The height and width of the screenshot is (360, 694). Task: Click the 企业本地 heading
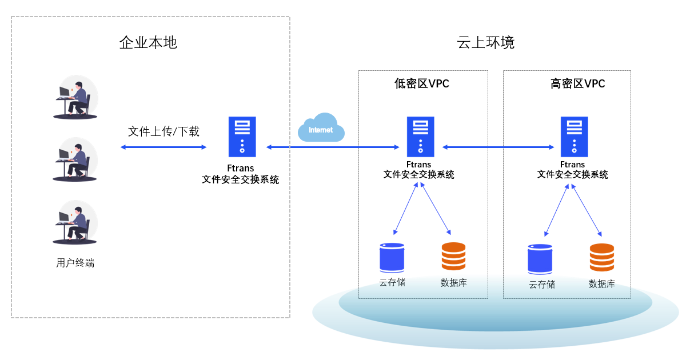(x=148, y=43)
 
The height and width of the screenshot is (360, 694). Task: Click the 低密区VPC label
(x=422, y=84)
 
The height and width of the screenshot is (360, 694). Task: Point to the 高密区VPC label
(x=577, y=84)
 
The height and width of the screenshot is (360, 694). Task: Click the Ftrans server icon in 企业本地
(x=242, y=137)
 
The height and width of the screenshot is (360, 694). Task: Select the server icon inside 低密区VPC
(x=420, y=137)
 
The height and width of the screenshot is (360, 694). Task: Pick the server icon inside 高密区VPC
(x=574, y=137)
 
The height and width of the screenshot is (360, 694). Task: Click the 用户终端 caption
(x=75, y=263)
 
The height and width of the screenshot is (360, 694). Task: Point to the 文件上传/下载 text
(x=163, y=131)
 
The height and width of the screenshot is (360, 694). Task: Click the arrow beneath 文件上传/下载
(x=163, y=147)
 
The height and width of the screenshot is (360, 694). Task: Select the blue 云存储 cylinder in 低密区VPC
(x=392, y=258)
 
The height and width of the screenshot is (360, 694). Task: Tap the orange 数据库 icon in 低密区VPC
(x=453, y=257)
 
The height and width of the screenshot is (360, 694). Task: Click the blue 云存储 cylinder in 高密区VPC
(x=540, y=259)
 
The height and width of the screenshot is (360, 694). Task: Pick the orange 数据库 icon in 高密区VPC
(x=601, y=258)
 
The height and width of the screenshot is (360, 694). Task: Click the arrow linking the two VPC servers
(x=498, y=147)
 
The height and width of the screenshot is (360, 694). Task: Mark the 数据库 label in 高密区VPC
(x=601, y=283)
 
